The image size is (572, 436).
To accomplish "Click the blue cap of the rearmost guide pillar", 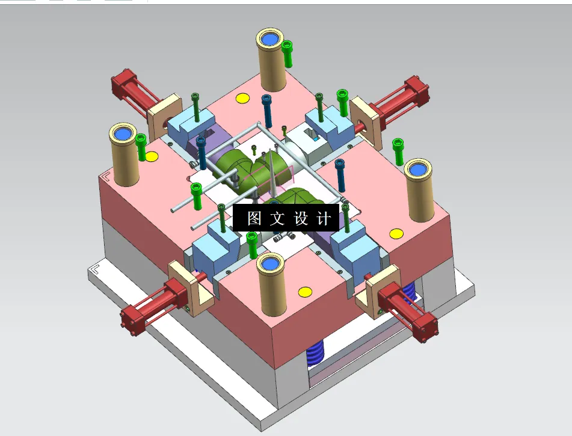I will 270,38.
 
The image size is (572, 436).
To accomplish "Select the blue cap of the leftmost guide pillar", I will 125,133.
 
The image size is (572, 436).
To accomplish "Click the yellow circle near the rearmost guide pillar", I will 242,99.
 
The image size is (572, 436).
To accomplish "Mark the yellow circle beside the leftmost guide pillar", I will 152,157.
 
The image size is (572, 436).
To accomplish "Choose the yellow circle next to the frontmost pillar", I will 305,292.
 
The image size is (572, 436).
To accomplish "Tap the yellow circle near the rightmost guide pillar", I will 395,233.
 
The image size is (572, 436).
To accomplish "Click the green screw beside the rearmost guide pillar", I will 288,53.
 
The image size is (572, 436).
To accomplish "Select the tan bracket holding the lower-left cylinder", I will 193,287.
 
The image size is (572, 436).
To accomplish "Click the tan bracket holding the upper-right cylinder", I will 366,121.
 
